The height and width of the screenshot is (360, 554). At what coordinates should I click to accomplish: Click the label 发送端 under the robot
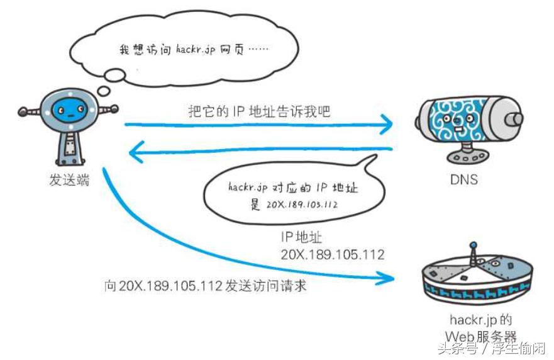69,181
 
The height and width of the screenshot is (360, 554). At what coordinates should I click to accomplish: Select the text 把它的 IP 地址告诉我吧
259,112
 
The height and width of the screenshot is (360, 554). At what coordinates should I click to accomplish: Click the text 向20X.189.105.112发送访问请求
206,286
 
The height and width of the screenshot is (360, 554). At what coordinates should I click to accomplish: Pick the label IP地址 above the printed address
301,237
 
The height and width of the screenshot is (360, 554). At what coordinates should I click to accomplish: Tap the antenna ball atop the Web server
473,244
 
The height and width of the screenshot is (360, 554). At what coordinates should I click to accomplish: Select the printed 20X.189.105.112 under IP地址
333,254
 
